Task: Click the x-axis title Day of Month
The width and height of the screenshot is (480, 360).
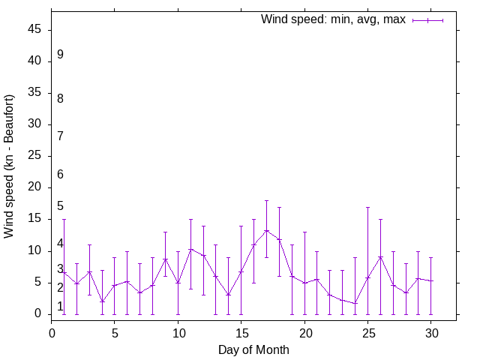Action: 253,349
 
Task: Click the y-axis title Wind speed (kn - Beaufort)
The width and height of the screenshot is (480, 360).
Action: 10,166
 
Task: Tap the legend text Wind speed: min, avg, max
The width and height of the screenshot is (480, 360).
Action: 333,19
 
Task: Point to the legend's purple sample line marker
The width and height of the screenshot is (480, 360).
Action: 428,20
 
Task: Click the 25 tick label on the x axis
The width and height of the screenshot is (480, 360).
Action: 367,332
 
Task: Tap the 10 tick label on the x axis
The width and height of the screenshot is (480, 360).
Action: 178,332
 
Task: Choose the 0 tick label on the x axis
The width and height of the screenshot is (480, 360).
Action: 52,332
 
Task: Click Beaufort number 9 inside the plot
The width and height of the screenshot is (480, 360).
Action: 60,55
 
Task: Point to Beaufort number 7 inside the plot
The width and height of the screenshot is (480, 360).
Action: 60,136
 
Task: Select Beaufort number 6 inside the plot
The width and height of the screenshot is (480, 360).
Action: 60,174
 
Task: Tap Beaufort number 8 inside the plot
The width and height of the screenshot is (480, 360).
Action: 60,98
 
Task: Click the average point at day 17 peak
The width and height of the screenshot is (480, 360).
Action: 266,230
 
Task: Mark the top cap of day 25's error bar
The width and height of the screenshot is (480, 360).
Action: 367,207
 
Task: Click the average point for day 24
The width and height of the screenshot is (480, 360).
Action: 355,303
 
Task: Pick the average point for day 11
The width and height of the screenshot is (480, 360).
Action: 190,249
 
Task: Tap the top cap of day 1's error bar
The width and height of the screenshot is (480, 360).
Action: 64,220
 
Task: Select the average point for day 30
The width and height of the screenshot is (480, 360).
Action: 431,281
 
